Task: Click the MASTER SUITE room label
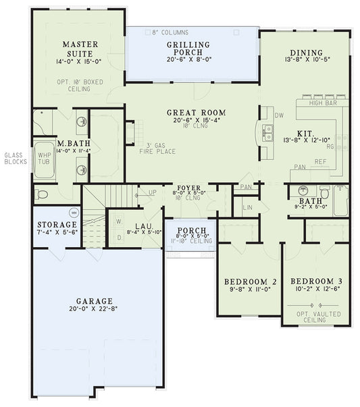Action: click(80, 49)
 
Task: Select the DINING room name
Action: click(306, 53)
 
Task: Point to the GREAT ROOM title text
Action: click(196, 113)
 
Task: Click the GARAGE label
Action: click(94, 301)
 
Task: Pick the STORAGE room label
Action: click(57, 224)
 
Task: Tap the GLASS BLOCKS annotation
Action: click(16, 159)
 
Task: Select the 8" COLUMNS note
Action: click(170, 32)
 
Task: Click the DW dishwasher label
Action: click(279, 115)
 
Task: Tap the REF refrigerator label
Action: click(319, 161)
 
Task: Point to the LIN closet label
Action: click(247, 207)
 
